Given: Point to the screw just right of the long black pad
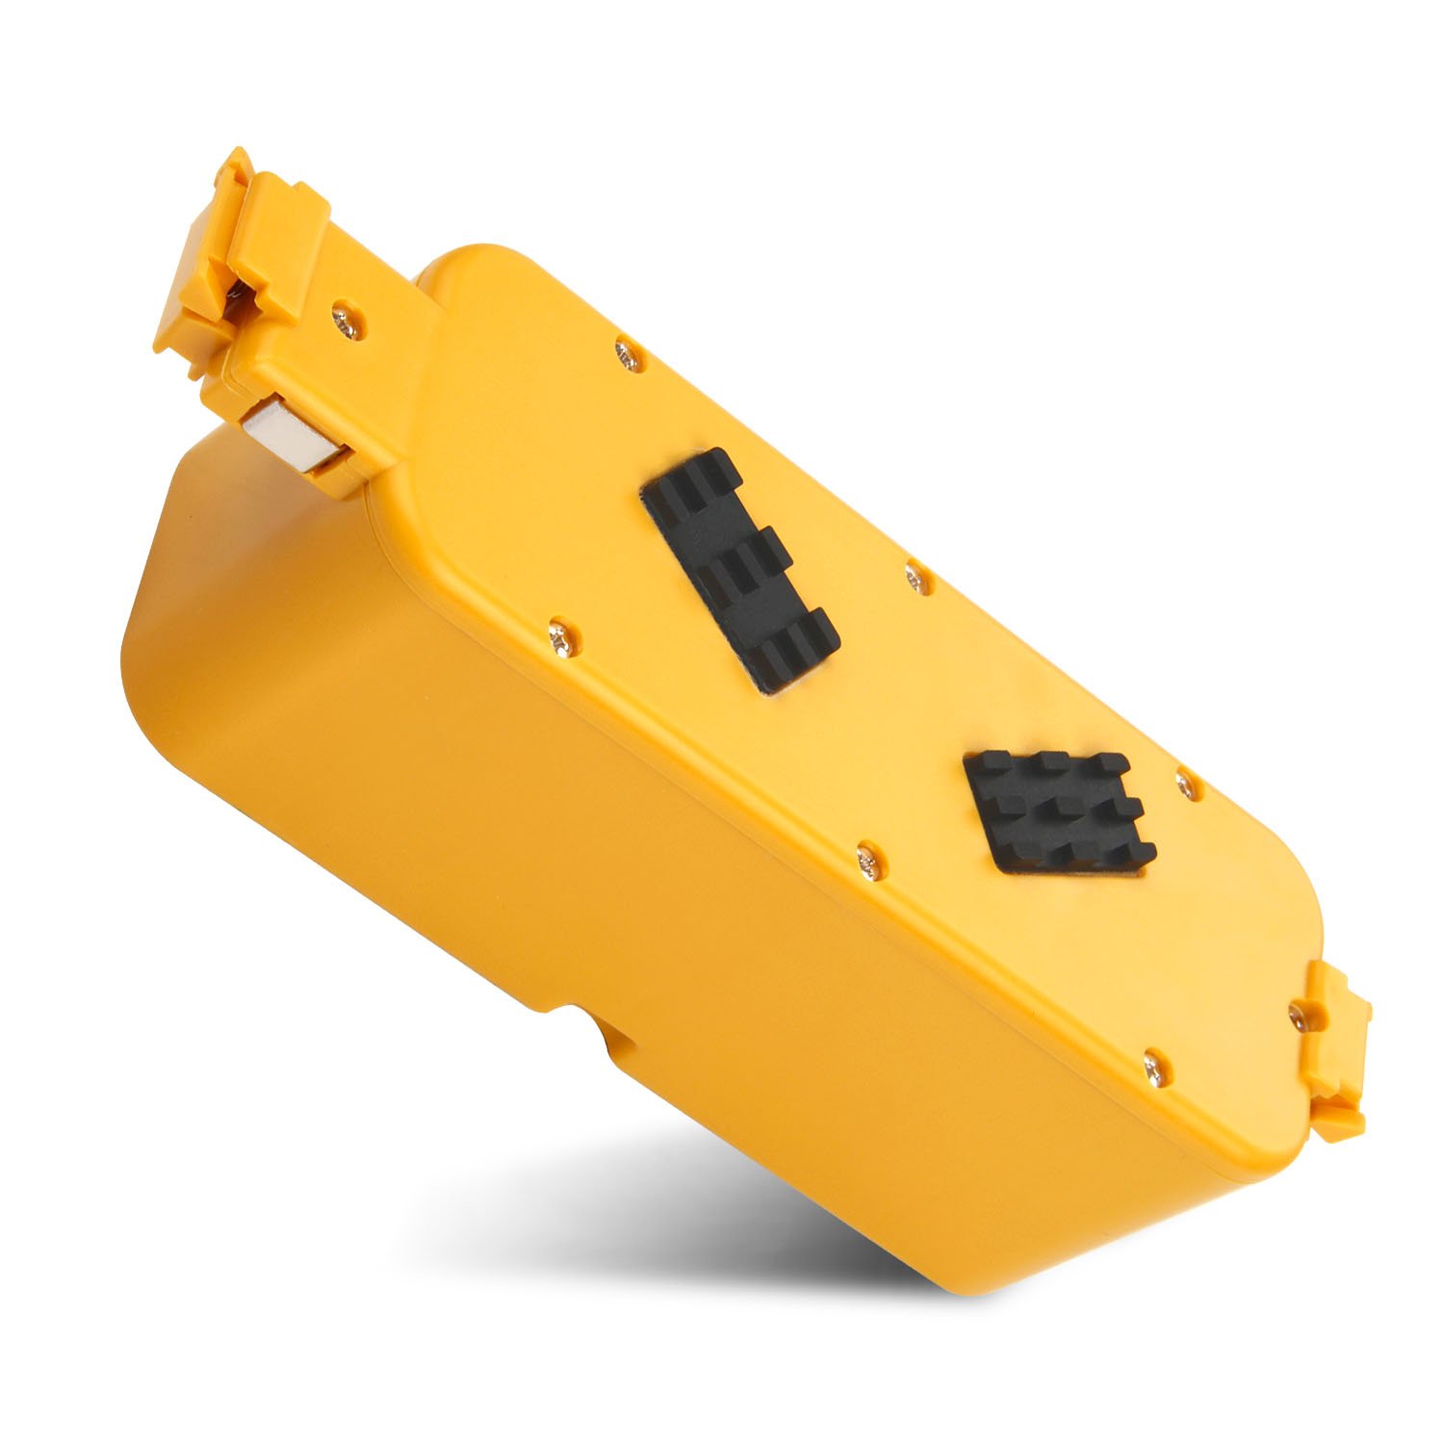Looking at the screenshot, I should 915,577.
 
